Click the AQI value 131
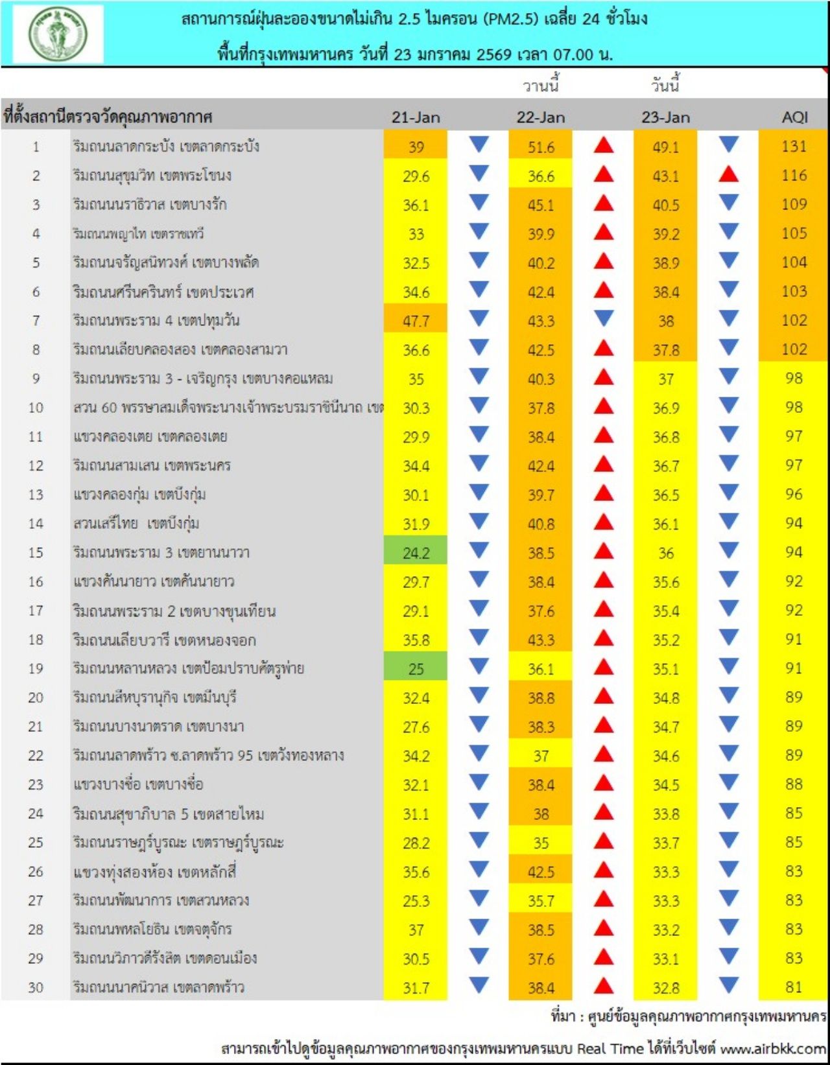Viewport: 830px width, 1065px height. tap(794, 146)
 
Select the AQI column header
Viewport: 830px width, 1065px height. tap(794, 117)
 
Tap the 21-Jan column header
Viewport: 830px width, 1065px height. tap(416, 117)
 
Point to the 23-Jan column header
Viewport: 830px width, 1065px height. tap(666, 117)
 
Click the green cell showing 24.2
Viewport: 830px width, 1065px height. tap(416, 553)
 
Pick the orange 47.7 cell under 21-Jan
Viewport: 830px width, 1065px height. tap(416, 321)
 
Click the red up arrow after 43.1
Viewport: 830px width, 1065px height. tap(729, 174)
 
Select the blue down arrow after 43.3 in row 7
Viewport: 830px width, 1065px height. tap(604, 318)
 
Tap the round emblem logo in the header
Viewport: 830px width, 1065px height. tap(58, 34)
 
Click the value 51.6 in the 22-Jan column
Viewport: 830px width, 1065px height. tap(541, 147)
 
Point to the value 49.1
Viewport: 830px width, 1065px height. tap(666, 147)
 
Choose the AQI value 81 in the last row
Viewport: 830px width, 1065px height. tap(794, 987)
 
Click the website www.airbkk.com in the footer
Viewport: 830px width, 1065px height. tap(773, 1048)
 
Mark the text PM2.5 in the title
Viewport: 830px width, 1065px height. tap(510, 19)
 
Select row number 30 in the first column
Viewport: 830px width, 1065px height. tap(36, 988)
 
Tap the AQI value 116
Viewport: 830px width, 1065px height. tap(794, 176)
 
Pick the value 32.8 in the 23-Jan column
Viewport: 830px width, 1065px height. tap(666, 988)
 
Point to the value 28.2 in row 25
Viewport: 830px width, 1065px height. tap(416, 843)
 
